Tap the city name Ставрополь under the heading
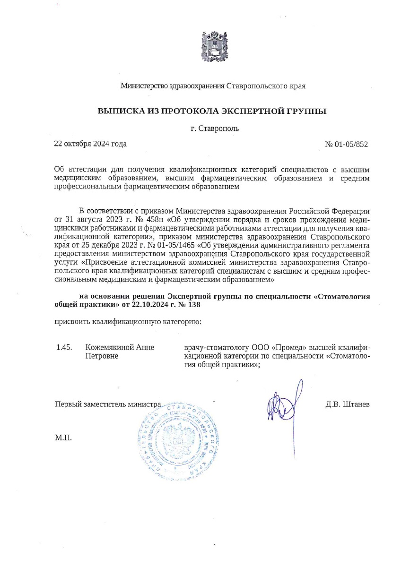[x=218, y=129]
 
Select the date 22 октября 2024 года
[x=91, y=144]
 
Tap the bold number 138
[x=194, y=305]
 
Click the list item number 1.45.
[x=64, y=347]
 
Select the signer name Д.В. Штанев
[x=347, y=404]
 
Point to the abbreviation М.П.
[x=63, y=438]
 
